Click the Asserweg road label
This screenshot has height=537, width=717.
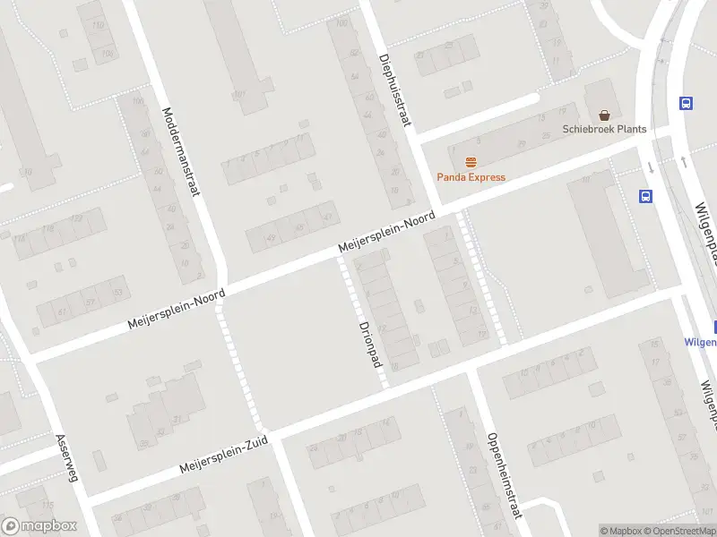click(67, 458)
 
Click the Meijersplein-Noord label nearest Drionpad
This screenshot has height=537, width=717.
click(386, 232)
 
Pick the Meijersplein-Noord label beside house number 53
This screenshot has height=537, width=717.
click(177, 307)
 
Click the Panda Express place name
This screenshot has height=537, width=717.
click(471, 177)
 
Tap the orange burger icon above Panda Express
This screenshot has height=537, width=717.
click(471, 162)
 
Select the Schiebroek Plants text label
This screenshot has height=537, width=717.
click(604, 129)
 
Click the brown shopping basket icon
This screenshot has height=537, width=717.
click(605, 115)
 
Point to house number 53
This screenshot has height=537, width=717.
click(117, 293)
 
